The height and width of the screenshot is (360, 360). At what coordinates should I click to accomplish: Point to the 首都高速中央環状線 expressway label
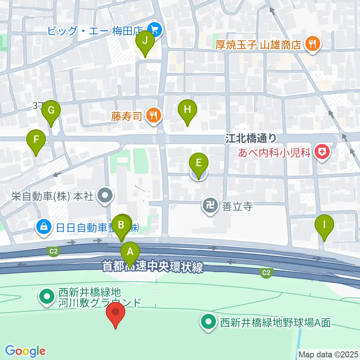[x=153, y=267]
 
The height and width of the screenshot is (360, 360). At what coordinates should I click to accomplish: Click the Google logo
[x=25, y=351]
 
